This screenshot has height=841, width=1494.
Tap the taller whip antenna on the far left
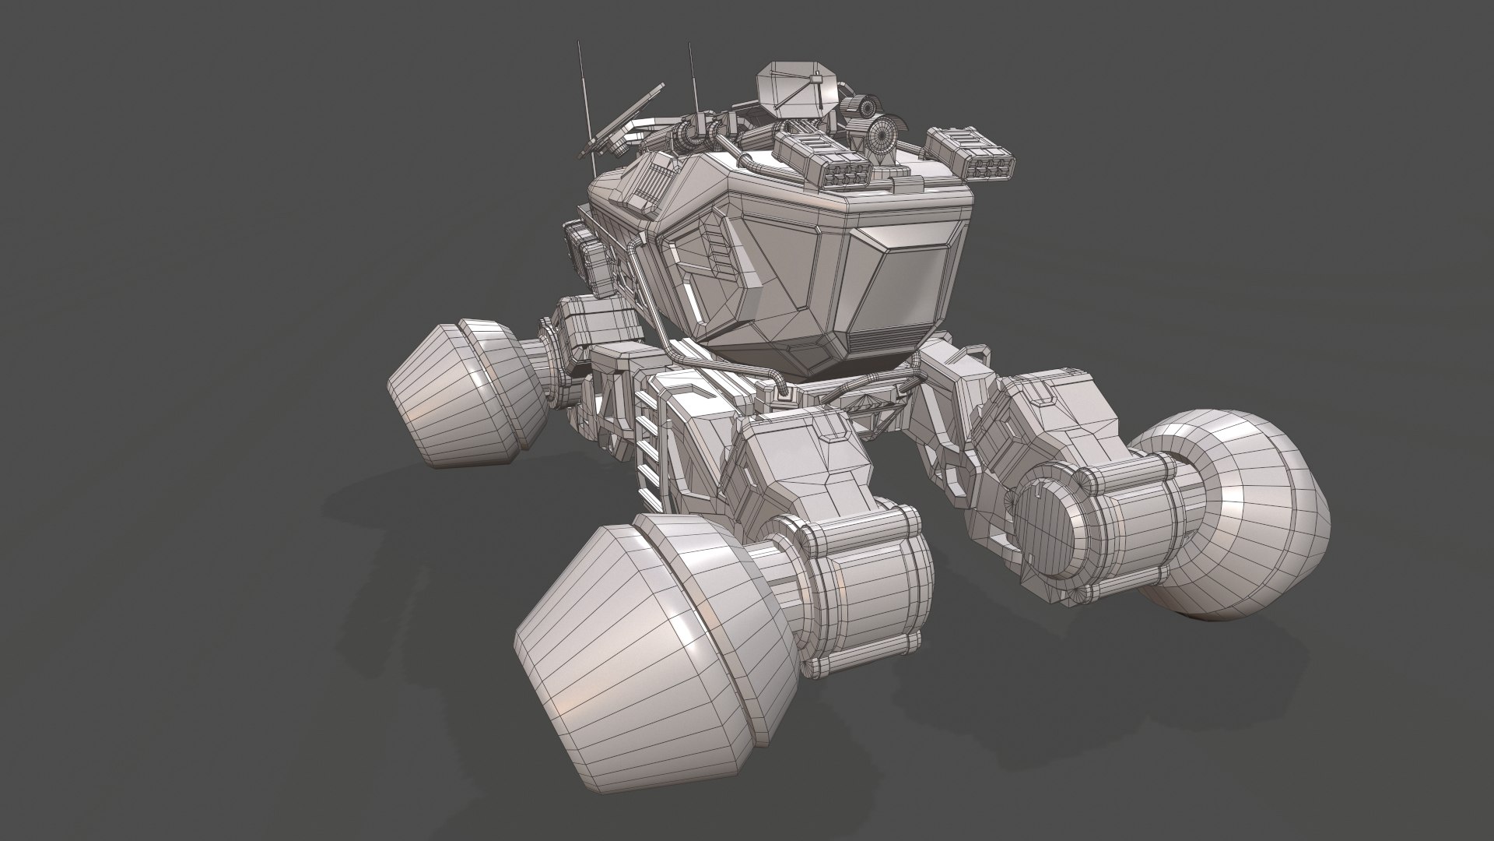click(582, 93)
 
